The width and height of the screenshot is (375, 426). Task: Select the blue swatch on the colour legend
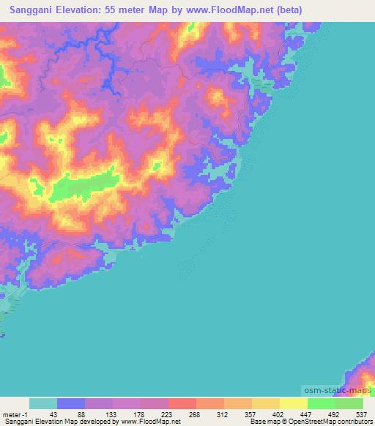(71, 403)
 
